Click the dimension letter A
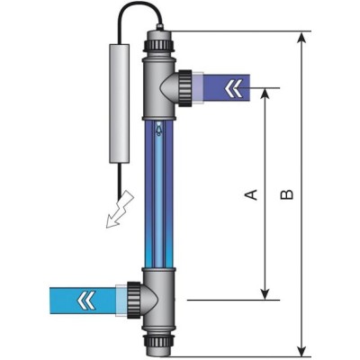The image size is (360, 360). click(x=253, y=193)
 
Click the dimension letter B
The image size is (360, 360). click(x=287, y=193)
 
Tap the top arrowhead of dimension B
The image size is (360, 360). click(x=301, y=38)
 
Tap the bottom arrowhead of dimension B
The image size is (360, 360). click(x=301, y=350)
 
